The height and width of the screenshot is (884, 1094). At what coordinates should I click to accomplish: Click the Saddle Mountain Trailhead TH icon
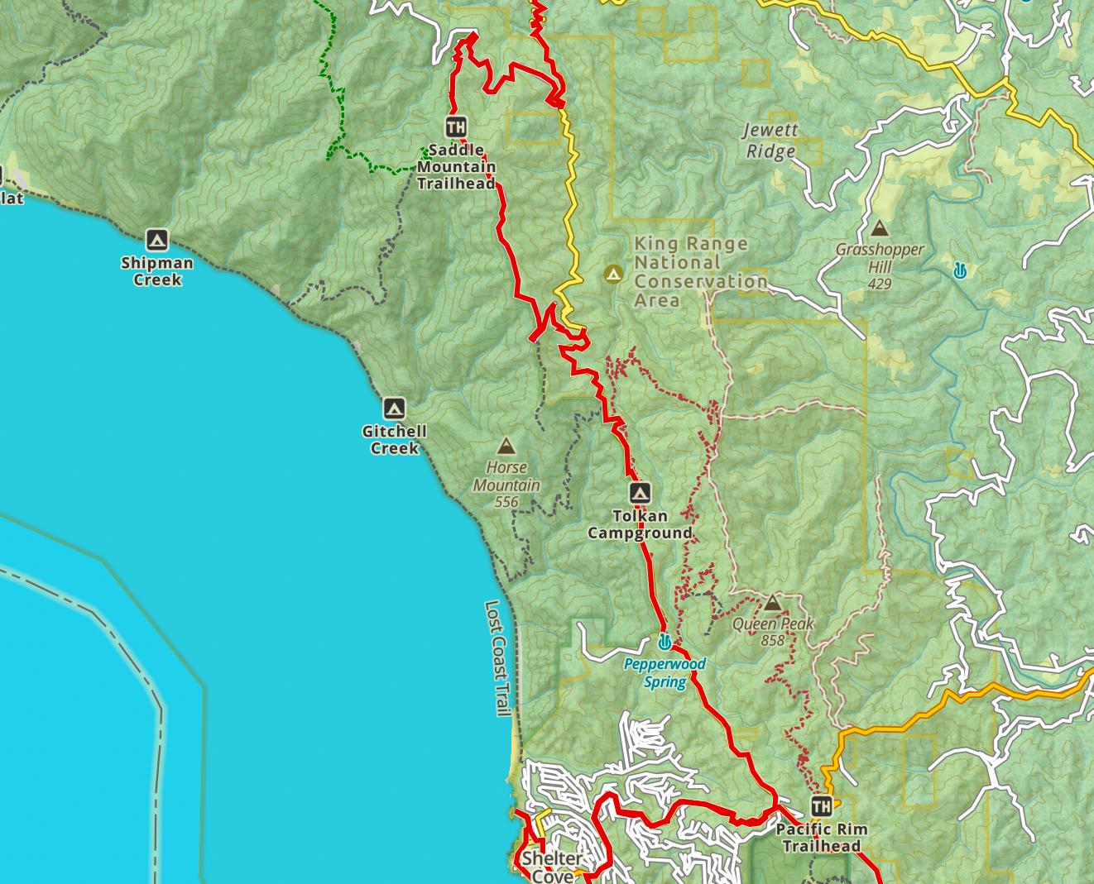coord(455,127)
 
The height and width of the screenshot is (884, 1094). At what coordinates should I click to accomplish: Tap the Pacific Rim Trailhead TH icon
coord(821,805)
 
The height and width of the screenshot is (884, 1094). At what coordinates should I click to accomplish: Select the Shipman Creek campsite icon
coord(156,241)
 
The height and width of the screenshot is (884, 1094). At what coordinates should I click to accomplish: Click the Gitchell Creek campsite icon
coord(394,409)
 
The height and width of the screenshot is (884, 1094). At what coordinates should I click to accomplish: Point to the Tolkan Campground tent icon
coord(640,494)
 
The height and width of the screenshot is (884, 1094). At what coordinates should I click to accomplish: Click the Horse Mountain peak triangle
coord(506,447)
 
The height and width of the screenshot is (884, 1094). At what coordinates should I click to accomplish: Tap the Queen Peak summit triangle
coord(772,602)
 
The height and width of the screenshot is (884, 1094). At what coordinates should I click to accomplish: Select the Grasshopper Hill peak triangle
coord(879,228)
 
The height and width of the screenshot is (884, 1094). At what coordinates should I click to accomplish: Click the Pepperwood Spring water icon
coord(664,642)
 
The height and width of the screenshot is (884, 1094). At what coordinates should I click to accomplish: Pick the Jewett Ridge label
coord(770,141)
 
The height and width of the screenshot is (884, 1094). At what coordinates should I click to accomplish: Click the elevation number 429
coord(879,284)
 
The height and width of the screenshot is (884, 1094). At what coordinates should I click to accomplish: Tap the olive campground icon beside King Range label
coord(613,273)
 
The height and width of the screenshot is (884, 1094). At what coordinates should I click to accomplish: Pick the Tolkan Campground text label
coord(640,524)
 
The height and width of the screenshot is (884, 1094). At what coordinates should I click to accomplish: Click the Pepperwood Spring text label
coord(665,673)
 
